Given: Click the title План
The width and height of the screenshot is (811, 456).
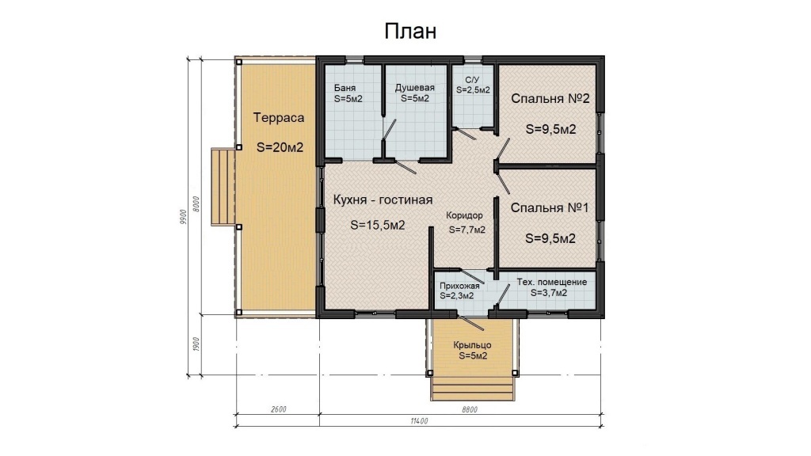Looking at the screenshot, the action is point(410,32).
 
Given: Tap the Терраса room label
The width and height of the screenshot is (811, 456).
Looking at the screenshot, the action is point(278,118).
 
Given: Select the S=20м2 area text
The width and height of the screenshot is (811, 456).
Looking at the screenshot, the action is point(280,147).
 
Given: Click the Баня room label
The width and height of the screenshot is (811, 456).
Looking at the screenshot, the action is point(345,88).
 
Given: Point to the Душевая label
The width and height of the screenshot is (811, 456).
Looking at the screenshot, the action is point(415,88).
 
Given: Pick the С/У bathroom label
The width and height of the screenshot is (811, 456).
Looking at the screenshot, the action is point(473,80).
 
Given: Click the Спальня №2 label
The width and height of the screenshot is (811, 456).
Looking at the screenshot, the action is point(550,98).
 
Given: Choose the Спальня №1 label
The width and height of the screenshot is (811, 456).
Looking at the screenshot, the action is point(550,208).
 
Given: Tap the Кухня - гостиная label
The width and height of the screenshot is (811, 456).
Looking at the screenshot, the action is point(383,199).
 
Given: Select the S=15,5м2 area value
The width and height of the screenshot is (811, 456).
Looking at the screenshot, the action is point(378,226).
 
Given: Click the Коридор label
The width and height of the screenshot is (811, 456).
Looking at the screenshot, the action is point(464,215).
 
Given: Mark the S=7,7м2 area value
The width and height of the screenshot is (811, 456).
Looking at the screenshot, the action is point(467,230).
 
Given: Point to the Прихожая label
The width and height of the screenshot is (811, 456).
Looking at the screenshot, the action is point(459,286).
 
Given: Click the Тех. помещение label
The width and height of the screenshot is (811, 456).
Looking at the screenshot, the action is point(552,283).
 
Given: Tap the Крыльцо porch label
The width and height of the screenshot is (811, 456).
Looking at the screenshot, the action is point(472,345).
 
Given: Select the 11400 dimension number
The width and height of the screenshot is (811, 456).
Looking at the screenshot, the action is point(420,421).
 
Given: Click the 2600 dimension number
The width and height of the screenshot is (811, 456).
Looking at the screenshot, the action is point(278,409).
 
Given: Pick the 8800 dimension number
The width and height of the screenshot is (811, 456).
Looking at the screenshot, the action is point(470,409).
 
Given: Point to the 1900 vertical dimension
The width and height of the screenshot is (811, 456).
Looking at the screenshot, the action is point(196,344).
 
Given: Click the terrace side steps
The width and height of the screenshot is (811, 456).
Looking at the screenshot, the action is point(223,187).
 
